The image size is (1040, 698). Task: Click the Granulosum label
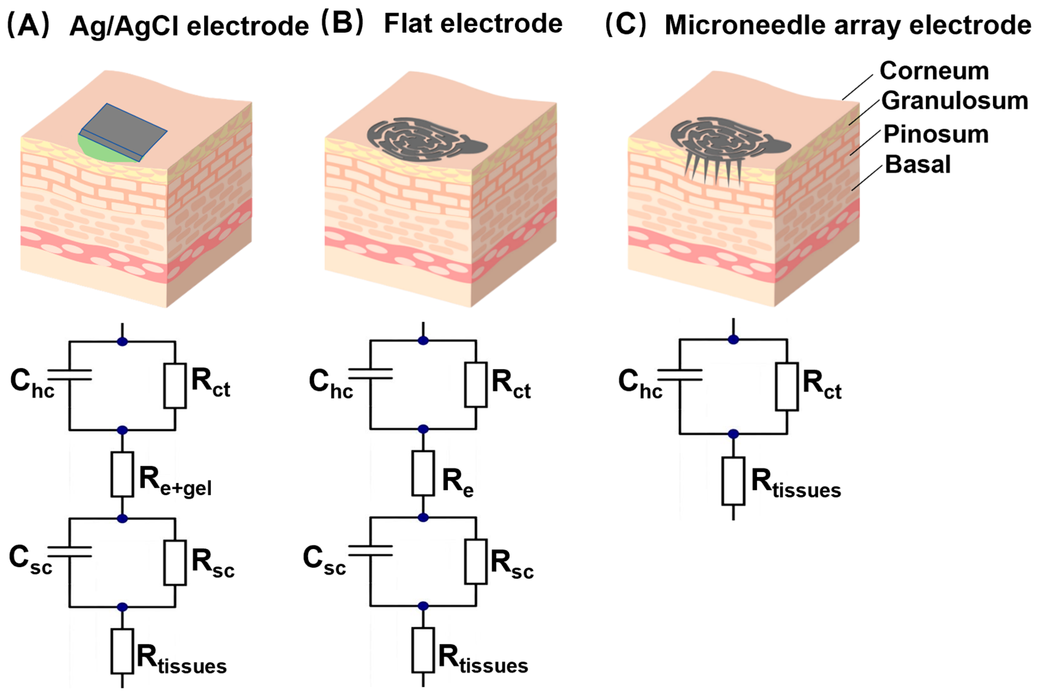pyautogui.click(x=954, y=101)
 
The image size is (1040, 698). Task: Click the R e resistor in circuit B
pyautogui.click(x=423, y=473)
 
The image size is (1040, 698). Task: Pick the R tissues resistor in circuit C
pyautogui.click(x=733, y=481)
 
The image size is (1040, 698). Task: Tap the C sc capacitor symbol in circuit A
pyautogui.click(x=70, y=552)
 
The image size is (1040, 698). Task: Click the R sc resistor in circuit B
pyautogui.click(x=475, y=561)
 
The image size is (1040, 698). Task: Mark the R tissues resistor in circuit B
pyautogui.click(x=423, y=650)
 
